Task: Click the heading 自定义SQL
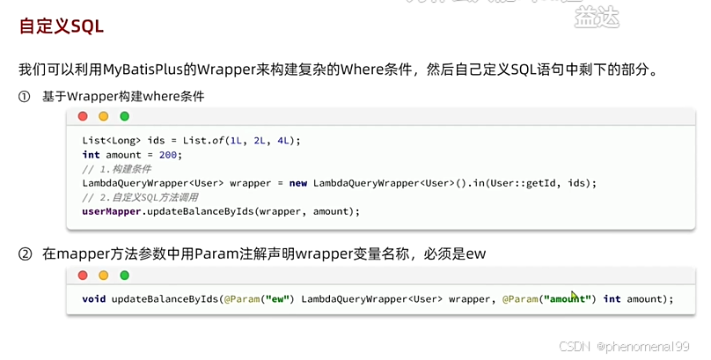click(62, 26)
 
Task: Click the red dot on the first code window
click(83, 116)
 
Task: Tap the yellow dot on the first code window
click(103, 116)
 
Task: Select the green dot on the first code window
click(124, 116)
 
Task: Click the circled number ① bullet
click(25, 96)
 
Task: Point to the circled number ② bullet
click(25, 254)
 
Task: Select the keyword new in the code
click(298, 183)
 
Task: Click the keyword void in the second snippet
click(94, 299)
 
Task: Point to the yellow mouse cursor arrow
click(575, 297)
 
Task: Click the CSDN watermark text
click(574, 347)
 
